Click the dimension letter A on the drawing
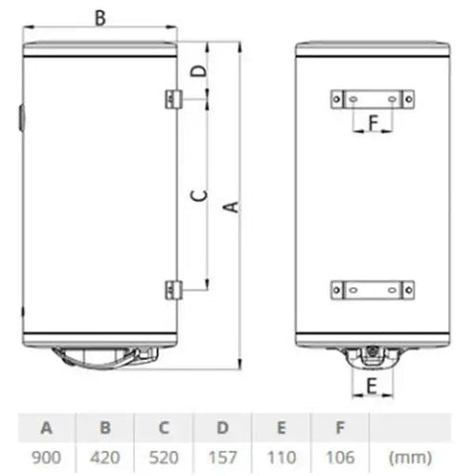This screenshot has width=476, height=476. [x=233, y=208]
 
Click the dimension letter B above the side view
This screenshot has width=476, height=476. [x=101, y=16]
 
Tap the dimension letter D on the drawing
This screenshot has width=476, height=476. [x=196, y=70]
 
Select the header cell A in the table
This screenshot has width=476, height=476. [x=46, y=429]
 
